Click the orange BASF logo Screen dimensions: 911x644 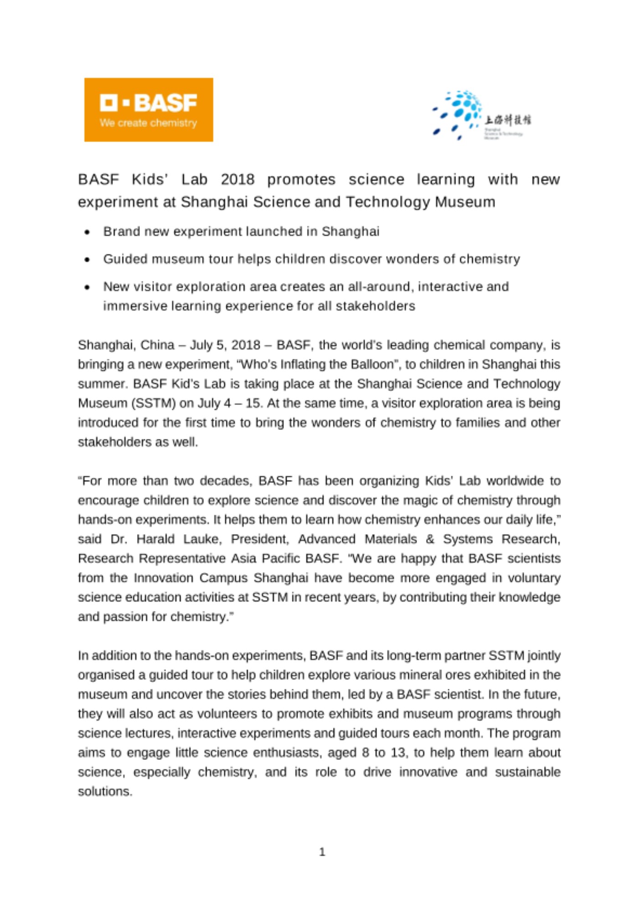coord(149,109)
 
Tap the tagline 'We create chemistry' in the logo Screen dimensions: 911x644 coord(148,123)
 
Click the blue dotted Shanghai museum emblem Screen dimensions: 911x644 coord(457,114)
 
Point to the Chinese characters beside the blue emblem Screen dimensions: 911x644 coord(507,120)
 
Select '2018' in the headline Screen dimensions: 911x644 coord(237,179)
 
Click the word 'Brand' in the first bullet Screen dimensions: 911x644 coord(121,231)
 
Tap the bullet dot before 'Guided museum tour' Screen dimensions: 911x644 coord(87,260)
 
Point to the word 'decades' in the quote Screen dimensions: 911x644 coord(225,481)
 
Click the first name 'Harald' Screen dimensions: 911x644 coord(155,539)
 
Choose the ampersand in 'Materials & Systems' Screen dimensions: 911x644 coord(430,539)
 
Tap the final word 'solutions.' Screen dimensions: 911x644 coord(105,792)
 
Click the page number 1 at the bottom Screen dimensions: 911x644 coord(322,852)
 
